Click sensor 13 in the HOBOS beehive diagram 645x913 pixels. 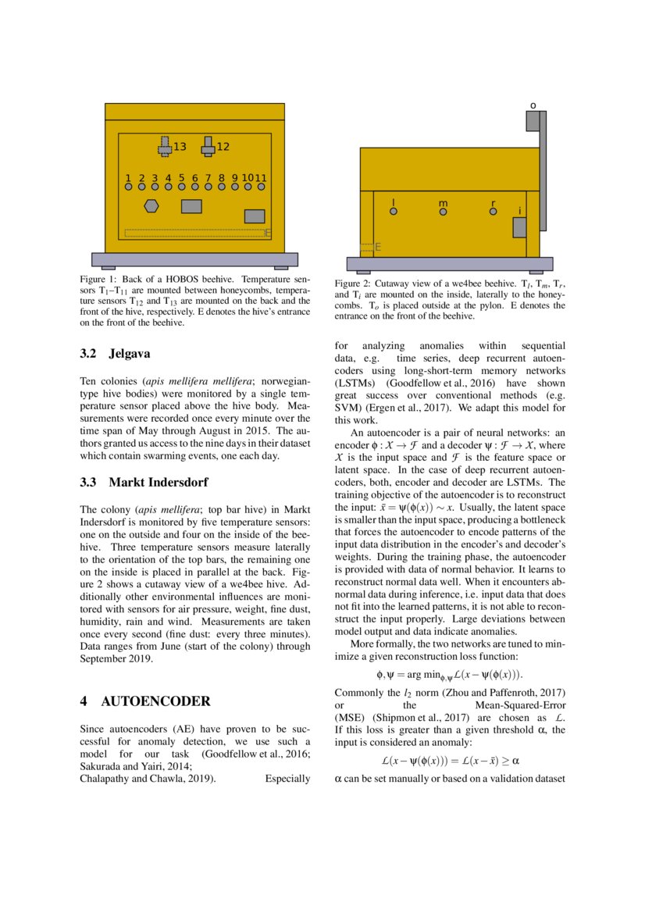click(x=165, y=147)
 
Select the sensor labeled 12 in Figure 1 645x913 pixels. click(x=208, y=146)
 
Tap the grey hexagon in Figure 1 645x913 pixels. click(x=152, y=206)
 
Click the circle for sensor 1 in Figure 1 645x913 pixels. click(x=128, y=187)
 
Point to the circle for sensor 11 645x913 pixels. click(x=262, y=187)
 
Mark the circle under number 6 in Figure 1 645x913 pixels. click(x=195, y=187)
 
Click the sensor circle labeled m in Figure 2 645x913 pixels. click(x=443, y=212)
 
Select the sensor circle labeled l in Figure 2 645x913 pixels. click(x=394, y=211)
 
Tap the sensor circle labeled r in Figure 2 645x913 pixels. click(x=493, y=212)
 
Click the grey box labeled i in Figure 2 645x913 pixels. click(x=519, y=227)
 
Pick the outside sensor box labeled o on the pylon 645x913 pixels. click(x=533, y=121)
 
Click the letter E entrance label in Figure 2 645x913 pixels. click(x=378, y=248)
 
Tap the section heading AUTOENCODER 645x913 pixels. click(x=155, y=701)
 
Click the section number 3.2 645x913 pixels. click(x=89, y=354)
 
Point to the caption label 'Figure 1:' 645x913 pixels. click(x=98, y=279)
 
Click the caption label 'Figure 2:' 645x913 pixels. click(x=352, y=284)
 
